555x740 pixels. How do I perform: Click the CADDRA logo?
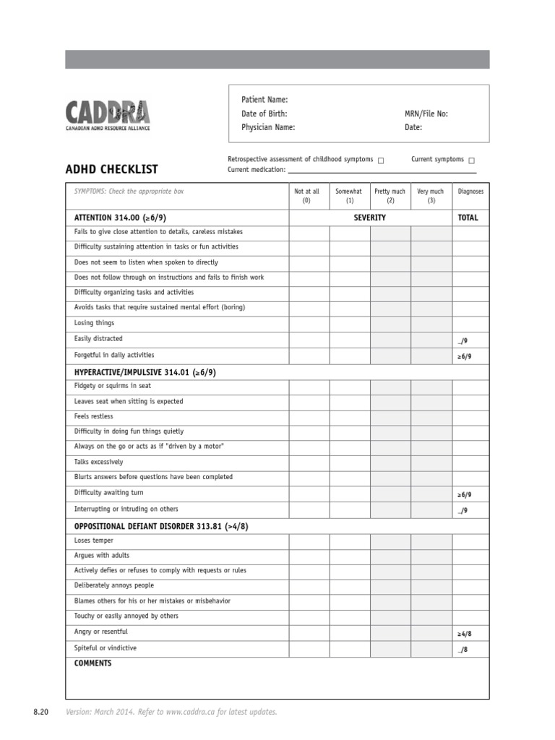[108, 115]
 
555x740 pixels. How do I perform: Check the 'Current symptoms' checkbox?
[472, 160]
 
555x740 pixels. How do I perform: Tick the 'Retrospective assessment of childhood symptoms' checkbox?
[381, 160]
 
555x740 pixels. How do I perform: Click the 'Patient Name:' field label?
[264, 100]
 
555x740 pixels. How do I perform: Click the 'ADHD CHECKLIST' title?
[111, 170]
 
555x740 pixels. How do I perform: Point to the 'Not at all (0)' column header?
[306, 196]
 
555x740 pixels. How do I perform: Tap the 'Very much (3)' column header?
[431, 196]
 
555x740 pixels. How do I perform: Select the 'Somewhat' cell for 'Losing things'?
[350, 324]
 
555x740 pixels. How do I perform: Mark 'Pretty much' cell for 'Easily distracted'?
[390, 339]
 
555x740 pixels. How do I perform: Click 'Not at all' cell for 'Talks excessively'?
[309, 462]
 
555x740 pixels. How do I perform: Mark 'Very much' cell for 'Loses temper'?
[431, 541]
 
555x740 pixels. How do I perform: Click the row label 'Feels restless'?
[94, 417]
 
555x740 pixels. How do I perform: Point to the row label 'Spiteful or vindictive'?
[105, 648]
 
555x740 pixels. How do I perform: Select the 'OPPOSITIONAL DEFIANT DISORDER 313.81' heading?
[161, 526]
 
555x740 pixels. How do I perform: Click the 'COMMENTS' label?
[93, 663]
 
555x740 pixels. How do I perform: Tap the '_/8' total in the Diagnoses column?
[462, 650]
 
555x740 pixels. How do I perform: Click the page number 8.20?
[40, 713]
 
